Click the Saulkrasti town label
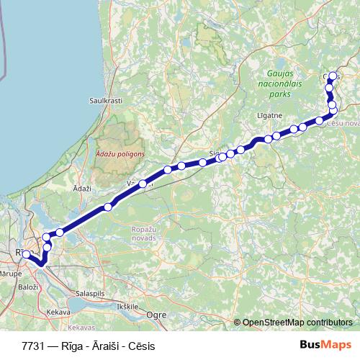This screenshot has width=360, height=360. click(x=103, y=101)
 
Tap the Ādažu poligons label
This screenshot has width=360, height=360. click(x=120, y=153)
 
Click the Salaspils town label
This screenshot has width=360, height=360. click(x=91, y=294)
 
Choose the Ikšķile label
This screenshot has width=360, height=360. click(x=127, y=306)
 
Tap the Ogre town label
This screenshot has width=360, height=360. click(x=156, y=315)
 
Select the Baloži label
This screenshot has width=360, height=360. click(x=29, y=287)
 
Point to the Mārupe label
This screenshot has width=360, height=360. click(x=10, y=274)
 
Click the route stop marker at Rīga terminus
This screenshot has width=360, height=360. click(x=26, y=254)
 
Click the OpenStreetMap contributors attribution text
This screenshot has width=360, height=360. click(x=297, y=323)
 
